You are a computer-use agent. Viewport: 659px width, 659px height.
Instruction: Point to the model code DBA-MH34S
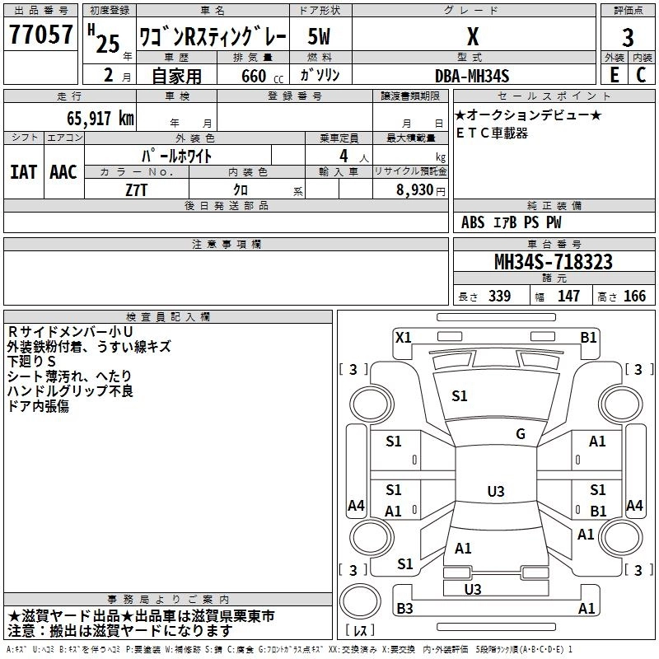click(x=473, y=76)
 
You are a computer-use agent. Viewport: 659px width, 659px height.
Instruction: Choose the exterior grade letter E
click(x=615, y=75)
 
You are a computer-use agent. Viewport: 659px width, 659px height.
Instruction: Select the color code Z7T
click(x=137, y=189)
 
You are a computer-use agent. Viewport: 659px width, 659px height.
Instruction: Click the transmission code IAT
click(x=24, y=172)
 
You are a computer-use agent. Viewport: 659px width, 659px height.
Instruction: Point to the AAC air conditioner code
click(x=63, y=172)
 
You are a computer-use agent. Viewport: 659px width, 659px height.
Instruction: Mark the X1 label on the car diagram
click(x=403, y=336)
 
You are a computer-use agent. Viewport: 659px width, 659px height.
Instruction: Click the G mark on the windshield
click(x=520, y=434)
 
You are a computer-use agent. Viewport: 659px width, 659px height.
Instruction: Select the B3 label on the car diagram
click(x=404, y=609)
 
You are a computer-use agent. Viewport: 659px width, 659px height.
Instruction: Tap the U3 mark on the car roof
click(x=495, y=492)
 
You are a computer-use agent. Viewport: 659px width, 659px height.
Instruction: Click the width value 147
click(x=568, y=297)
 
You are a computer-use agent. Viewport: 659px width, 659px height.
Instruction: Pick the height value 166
click(x=634, y=297)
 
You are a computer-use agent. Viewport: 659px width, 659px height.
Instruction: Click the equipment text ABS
click(x=473, y=222)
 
